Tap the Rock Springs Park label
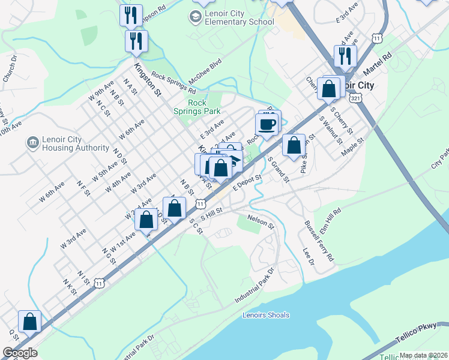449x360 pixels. [x=197, y=107]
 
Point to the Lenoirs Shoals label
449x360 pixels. [x=266, y=315]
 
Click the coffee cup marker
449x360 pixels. [x=267, y=124]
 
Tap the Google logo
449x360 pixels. [x=20, y=353]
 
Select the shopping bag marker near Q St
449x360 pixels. [x=29, y=322]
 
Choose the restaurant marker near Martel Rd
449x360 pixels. [x=345, y=56]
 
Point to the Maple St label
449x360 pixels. [x=352, y=147]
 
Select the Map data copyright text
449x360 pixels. [x=423, y=355]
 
